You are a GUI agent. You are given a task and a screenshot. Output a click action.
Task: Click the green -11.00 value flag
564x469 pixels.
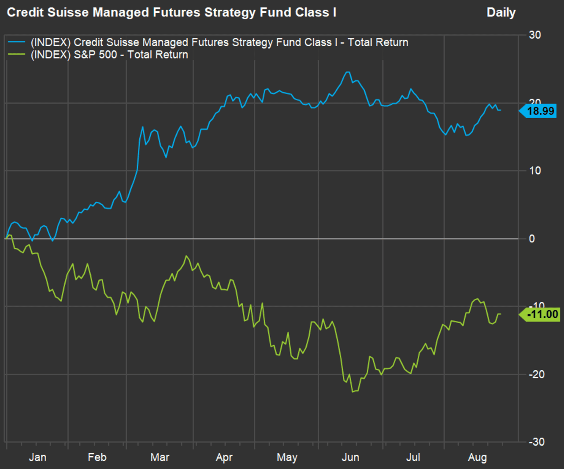coord(540,314)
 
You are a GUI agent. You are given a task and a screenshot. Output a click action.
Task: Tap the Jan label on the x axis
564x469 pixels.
coord(37,457)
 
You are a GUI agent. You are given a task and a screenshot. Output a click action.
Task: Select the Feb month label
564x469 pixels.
coord(97,457)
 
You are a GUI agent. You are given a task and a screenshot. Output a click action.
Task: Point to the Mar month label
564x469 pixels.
coord(160,457)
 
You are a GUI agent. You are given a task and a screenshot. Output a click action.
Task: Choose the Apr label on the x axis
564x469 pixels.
coord(224,458)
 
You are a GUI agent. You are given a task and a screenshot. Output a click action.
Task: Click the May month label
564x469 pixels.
coord(287,458)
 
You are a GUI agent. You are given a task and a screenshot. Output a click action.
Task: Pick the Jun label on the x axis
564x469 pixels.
coord(350,457)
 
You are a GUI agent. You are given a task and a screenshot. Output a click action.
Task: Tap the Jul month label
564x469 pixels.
coord(413,457)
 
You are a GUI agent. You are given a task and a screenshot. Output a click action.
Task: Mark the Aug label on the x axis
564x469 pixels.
coord(477,458)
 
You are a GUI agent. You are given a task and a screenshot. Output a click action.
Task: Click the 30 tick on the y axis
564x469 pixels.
coord(535,35)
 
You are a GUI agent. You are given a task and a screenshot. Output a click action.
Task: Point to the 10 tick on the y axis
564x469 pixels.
coord(535,171)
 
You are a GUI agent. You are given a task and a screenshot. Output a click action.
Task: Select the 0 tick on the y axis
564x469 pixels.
coord(532,238)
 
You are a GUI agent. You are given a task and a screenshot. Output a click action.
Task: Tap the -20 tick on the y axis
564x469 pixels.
coord(537,374)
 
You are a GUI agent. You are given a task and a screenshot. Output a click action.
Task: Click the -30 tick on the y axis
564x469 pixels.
coord(537,442)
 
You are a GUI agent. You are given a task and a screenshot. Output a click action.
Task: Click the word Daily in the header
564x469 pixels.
coord(501,12)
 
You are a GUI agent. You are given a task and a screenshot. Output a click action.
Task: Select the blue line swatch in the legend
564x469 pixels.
coord(17,42)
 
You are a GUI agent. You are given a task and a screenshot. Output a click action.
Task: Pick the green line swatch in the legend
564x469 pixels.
coord(17,55)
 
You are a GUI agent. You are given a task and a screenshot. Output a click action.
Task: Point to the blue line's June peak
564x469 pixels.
coord(348,72)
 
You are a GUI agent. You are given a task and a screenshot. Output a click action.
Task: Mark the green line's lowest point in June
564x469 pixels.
coord(352,391)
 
